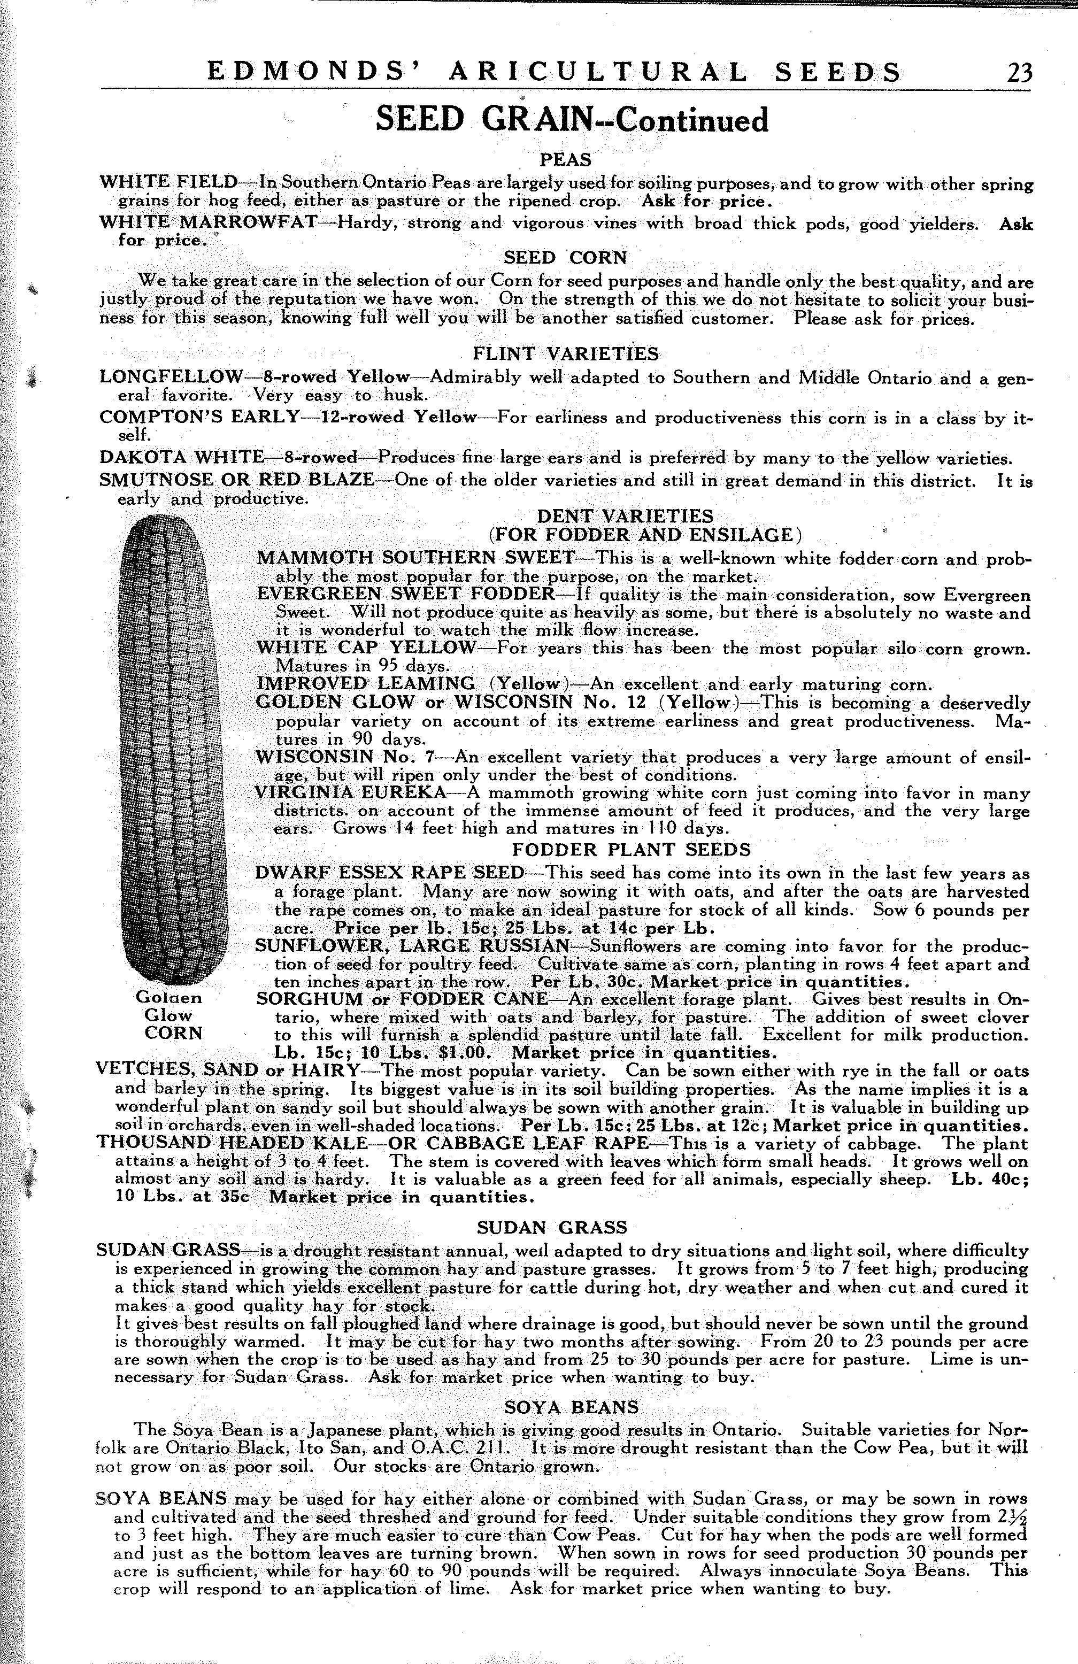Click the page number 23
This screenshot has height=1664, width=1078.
tap(1019, 73)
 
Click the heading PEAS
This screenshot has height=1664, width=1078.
tap(566, 160)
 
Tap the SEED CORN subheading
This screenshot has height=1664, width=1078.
tap(566, 258)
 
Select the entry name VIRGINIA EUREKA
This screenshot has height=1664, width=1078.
tap(350, 794)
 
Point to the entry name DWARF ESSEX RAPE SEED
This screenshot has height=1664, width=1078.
tap(389, 873)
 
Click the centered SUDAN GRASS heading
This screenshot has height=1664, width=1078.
tap(552, 1228)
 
